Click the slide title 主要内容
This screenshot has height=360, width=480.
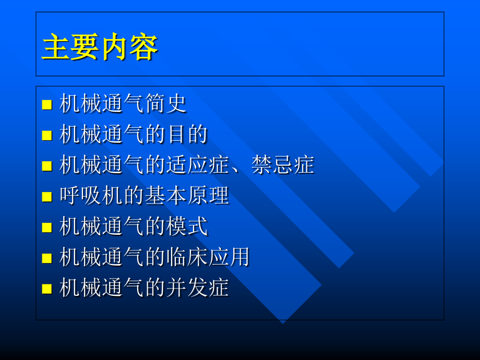[100, 47]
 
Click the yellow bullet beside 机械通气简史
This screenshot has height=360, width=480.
[47, 104]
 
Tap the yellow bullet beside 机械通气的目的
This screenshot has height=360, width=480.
[47, 135]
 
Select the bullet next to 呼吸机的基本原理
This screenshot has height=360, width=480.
[47, 197]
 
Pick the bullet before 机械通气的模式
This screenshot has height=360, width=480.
[47, 227]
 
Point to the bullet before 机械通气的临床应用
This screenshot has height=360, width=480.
[47, 258]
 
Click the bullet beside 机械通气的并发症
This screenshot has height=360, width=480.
[47, 289]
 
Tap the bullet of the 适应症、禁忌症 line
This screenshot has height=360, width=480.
[47, 166]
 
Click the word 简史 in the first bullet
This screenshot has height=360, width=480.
[165, 104]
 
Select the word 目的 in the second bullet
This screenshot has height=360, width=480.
[186, 135]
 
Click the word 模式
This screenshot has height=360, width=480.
[186, 226]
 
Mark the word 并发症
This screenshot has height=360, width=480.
[197, 288]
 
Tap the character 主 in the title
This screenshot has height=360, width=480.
[55, 47]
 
